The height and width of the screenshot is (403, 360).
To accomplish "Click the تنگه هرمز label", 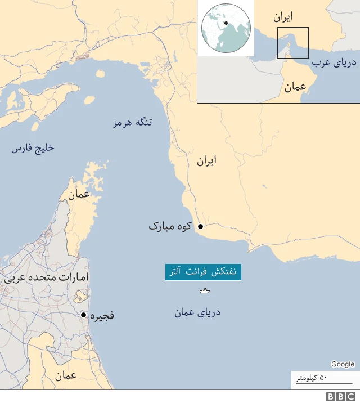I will coord(133,123).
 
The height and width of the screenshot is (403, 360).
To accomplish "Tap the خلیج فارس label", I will coord(33,148).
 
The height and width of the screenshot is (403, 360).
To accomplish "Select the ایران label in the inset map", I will coord(283,17).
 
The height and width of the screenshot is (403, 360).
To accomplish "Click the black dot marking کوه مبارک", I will coord(200,226).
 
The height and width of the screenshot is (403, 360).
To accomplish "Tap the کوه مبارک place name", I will coord(170,226).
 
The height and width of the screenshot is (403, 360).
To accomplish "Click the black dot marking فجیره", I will coord(83,315).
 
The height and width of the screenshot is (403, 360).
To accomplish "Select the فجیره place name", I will coord(101,315).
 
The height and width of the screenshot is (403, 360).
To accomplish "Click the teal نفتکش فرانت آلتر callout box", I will coord(203,272).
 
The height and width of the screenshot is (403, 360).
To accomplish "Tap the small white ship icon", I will coord(204,291).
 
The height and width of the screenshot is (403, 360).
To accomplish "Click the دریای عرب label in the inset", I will coord(335,63).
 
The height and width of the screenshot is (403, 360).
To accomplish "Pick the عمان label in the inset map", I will coord(295,87).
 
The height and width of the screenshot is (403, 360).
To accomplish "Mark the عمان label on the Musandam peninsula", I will coord(79,195).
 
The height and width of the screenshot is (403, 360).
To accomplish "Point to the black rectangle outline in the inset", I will coord(292,43).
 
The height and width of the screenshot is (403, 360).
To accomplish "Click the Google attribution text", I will coord(343,364).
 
